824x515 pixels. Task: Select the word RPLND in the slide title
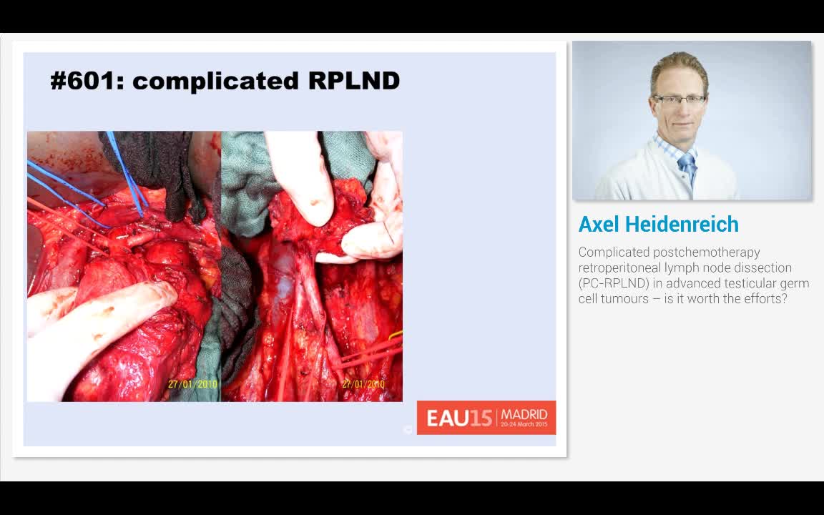pos(353,81)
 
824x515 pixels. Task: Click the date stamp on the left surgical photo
pos(192,384)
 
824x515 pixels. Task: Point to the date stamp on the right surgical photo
pos(363,384)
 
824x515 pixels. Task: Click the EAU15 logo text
pos(459,418)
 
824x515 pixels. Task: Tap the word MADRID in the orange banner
pos(524,414)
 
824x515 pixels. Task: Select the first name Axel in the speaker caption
pos(599,225)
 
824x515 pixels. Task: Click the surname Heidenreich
pos(682,225)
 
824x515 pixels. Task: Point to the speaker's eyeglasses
pos(679,100)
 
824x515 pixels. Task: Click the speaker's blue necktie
pos(687,167)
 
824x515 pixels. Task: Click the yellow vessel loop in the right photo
pos(396,335)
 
